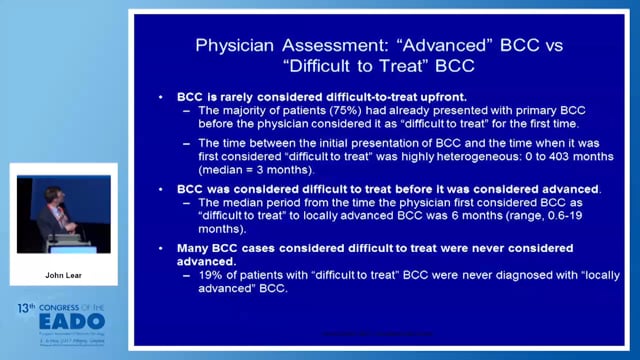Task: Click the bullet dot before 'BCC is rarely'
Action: click(x=163, y=95)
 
